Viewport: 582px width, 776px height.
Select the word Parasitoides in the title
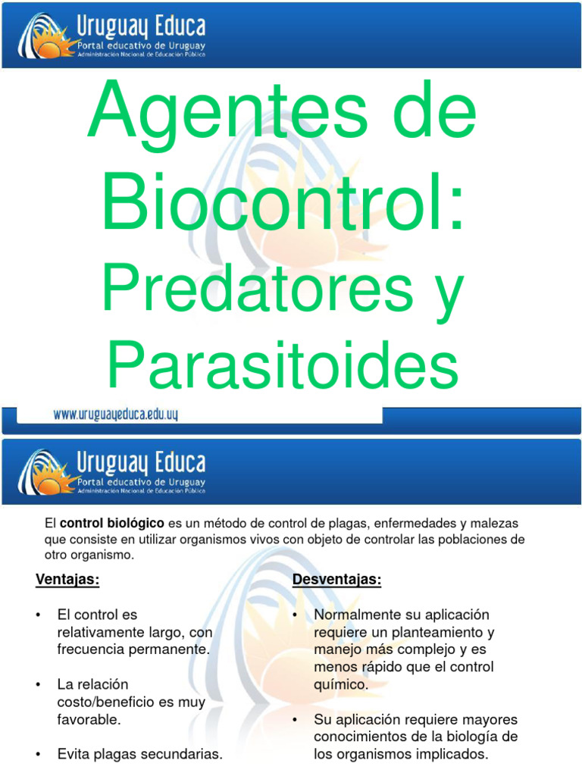tap(282, 367)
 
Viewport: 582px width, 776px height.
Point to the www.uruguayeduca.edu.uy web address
tap(115, 415)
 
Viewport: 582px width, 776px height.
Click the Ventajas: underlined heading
tap(67, 580)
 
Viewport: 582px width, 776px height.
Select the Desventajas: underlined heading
tap(336, 580)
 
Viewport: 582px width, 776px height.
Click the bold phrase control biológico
tap(112, 523)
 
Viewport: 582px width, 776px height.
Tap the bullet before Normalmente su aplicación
tap(295, 615)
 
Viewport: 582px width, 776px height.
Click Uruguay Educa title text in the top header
tap(141, 28)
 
